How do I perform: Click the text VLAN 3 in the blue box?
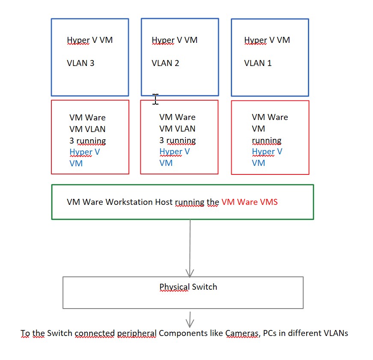[81, 63]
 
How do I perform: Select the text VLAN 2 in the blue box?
[165, 63]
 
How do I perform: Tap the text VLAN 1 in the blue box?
[258, 63]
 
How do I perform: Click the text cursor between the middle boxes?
[155, 99]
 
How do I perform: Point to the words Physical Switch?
[188, 287]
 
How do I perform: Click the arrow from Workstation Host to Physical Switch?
[190, 249]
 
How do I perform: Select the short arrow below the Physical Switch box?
[190, 319]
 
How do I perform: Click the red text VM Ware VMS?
[250, 202]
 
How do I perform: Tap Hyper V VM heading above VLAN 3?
[90, 40]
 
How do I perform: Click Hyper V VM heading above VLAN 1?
[267, 40]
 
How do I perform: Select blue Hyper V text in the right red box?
[267, 152]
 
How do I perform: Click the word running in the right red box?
[266, 141]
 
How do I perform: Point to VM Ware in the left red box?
[87, 117]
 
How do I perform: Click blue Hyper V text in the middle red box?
[174, 152]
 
